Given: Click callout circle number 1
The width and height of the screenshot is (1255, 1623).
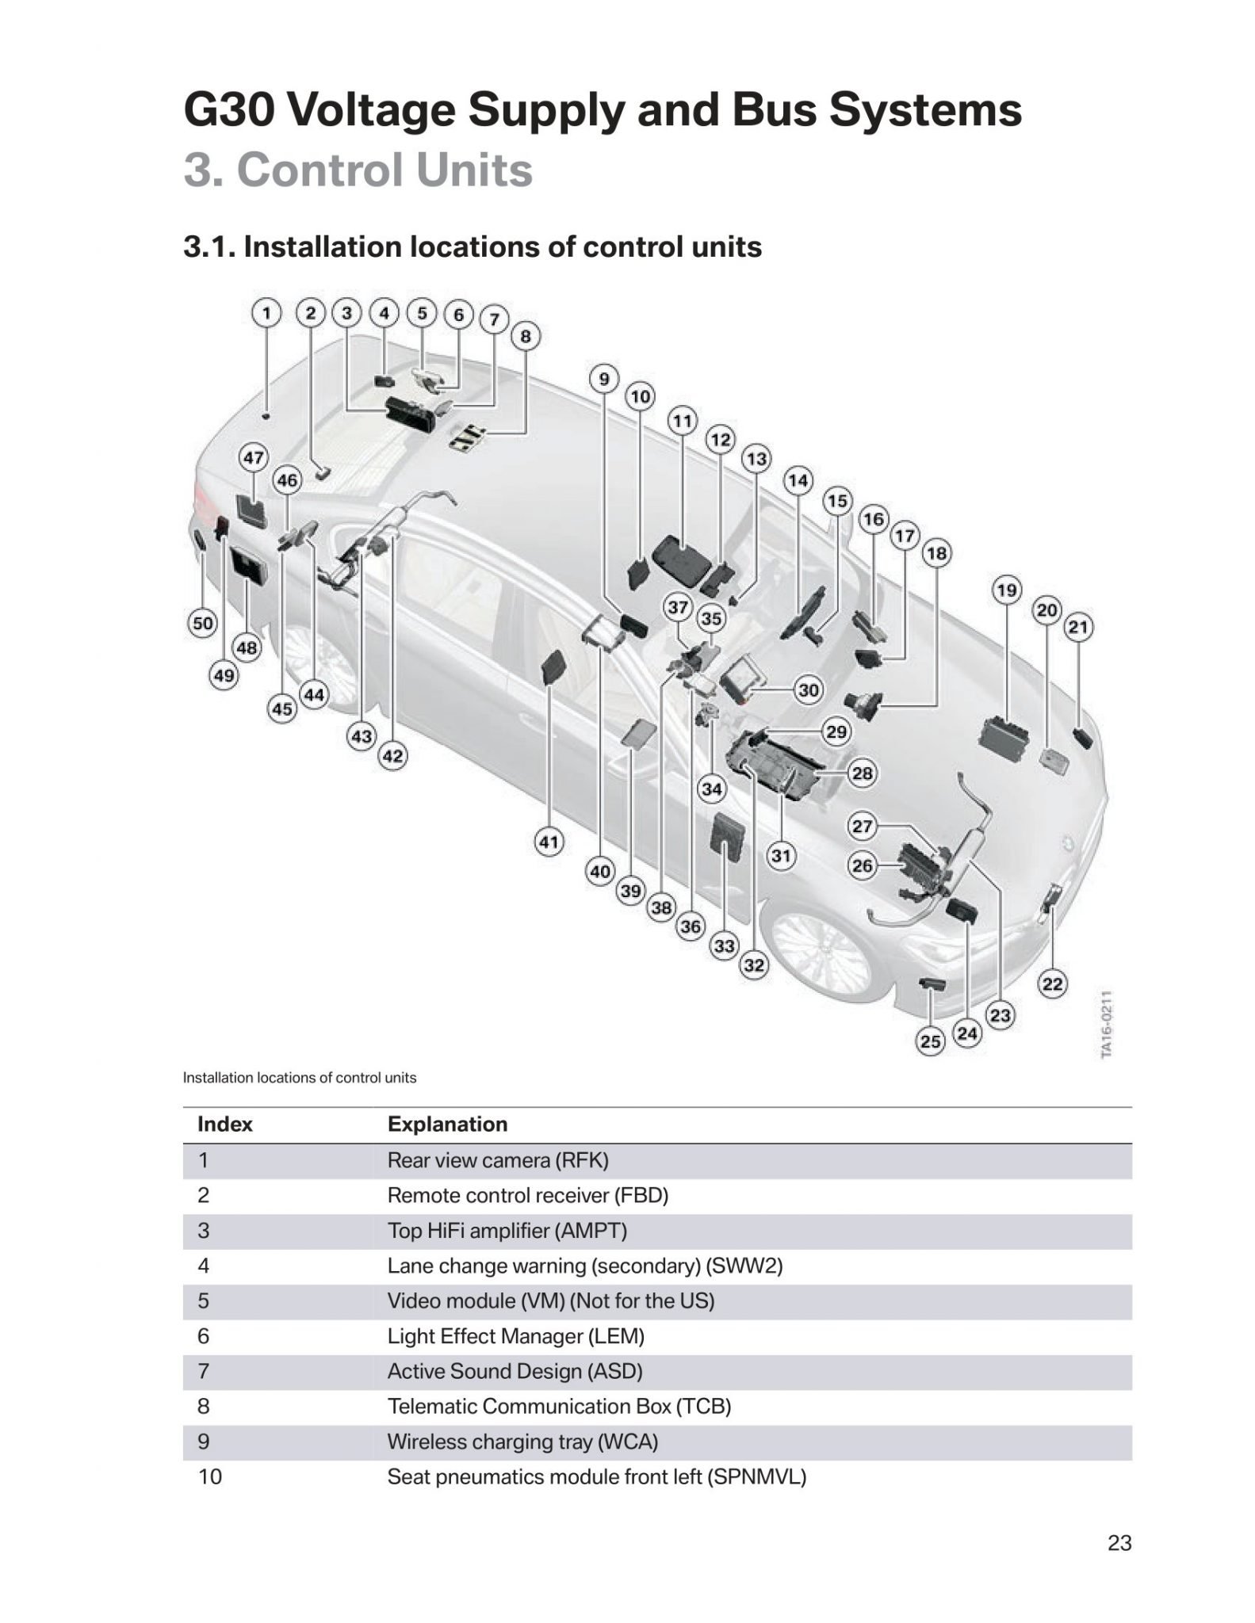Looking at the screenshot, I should [267, 313].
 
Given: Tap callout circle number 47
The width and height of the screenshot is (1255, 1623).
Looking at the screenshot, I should [254, 458].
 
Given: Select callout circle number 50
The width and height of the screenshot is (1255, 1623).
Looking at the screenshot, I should [203, 623].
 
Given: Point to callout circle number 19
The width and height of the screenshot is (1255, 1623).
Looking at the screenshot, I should [1007, 590].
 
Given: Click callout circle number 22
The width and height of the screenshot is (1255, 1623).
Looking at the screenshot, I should [1052, 984].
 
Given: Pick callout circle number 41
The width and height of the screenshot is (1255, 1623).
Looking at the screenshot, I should [549, 842].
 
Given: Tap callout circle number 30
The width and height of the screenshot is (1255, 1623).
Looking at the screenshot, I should [808, 689].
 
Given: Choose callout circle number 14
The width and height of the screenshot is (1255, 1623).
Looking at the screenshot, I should [798, 480].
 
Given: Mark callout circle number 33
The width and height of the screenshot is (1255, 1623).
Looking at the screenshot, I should [725, 945].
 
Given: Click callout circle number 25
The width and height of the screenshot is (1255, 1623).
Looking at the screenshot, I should [931, 1041].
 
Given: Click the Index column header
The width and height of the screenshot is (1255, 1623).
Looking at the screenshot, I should [225, 1125].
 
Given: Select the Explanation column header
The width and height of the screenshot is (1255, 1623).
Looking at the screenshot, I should [447, 1125].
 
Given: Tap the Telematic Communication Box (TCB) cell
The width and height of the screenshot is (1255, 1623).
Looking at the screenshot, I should [559, 1407].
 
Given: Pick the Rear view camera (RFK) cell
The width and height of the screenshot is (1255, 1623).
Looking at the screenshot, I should [498, 1161].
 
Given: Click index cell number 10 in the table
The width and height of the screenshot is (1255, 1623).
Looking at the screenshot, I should [210, 1477].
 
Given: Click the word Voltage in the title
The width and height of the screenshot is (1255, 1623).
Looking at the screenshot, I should [376, 110].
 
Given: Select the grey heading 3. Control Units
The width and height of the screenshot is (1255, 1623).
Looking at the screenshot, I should [358, 170].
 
